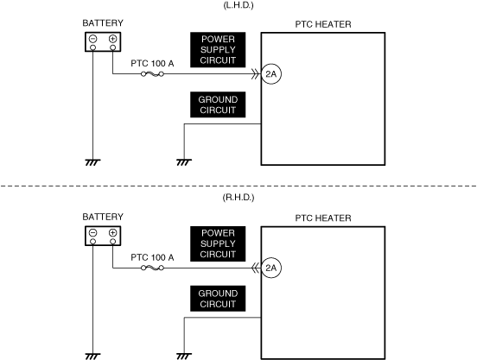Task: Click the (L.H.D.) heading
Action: pyautogui.click(x=238, y=5)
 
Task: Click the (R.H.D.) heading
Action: pyautogui.click(x=238, y=198)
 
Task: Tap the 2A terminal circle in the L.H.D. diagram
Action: pyautogui.click(x=271, y=74)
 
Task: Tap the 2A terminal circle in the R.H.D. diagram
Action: pyautogui.click(x=271, y=268)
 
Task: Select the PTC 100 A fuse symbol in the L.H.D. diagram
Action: pyautogui.click(x=152, y=74)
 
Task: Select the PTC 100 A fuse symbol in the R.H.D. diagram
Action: pyautogui.click(x=152, y=268)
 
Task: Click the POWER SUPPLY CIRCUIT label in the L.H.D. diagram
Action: pyautogui.click(x=218, y=50)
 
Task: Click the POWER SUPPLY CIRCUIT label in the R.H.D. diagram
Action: pyautogui.click(x=218, y=243)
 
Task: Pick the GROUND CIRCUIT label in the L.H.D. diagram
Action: pyautogui.click(x=218, y=104)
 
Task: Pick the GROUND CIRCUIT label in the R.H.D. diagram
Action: pyautogui.click(x=218, y=299)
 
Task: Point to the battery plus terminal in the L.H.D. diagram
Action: pyautogui.click(x=113, y=39)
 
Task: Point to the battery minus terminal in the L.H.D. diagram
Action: pyautogui.click(x=93, y=39)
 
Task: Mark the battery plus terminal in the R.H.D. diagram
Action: pyautogui.click(x=113, y=233)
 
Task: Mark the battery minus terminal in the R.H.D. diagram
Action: pyautogui.click(x=93, y=233)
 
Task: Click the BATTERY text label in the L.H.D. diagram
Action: pyautogui.click(x=103, y=23)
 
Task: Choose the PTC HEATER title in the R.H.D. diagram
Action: pyautogui.click(x=323, y=218)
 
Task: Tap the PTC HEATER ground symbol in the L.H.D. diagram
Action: pyautogui.click(x=184, y=162)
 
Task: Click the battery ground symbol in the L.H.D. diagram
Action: pyautogui.click(x=92, y=162)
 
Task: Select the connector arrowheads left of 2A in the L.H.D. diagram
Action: pyautogui.click(x=255, y=74)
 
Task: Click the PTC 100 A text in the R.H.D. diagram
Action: pyautogui.click(x=152, y=257)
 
